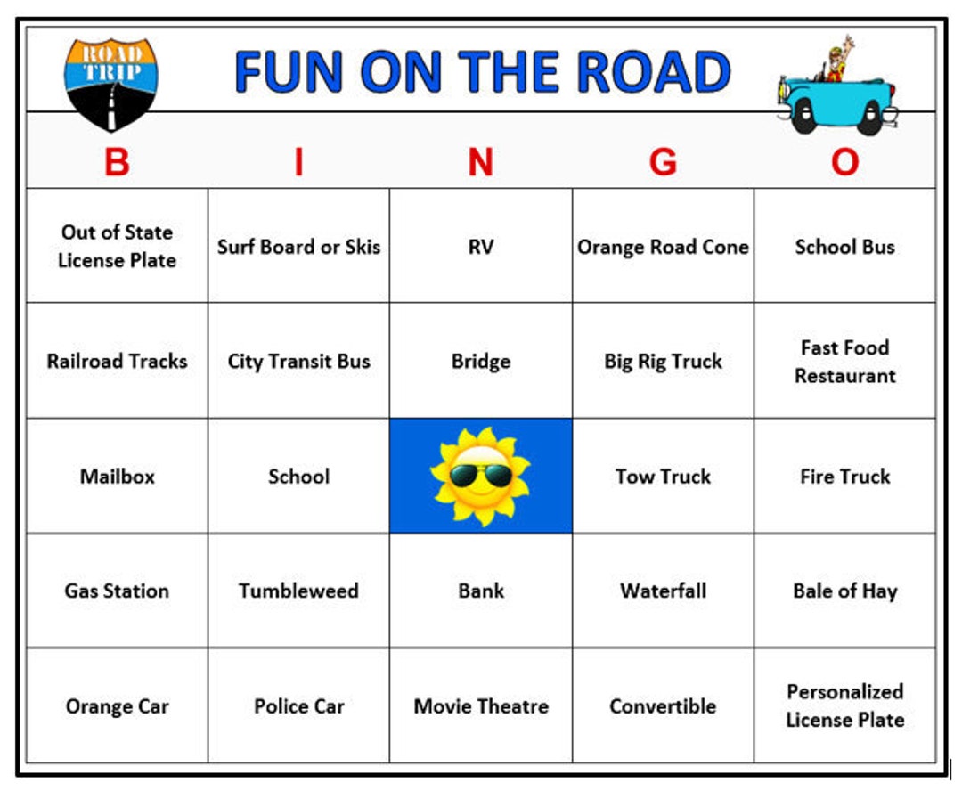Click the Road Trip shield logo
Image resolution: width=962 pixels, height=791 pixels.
[110, 82]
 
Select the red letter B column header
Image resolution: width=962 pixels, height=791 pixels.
[117, 163]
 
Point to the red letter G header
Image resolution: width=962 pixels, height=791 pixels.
[663, 163]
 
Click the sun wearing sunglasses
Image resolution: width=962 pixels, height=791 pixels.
[480, 476]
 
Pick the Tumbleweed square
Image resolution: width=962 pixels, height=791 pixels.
[298, 591]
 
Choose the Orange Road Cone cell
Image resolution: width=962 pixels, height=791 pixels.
[663, 247]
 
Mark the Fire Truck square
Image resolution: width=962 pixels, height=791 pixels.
[844, 476]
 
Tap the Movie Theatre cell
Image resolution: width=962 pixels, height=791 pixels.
[480, 705]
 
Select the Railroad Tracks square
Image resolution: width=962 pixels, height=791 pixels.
[117, 361]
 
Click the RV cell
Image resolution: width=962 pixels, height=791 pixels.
[480, 247]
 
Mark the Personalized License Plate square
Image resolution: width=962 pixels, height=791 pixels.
[844, 705]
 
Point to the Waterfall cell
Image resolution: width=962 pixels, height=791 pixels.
[663, 591]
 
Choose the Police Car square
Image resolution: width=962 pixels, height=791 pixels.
[298, 705]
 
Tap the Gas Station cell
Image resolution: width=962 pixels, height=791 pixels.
[117, 591]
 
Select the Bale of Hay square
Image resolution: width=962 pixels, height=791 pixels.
[844, 591]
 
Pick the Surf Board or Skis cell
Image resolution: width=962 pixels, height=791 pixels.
[298, 247]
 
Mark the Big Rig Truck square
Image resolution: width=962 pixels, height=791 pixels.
[663, 361]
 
